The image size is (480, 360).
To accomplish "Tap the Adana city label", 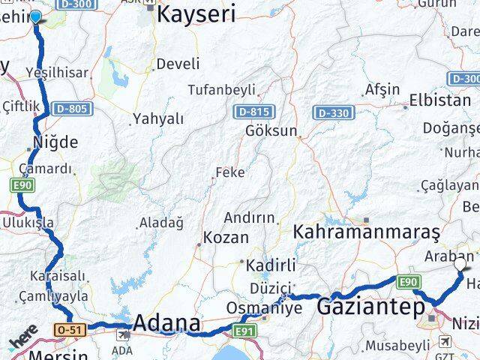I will click(x=166, y=324).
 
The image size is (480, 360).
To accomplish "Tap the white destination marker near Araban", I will click(x=460, y=264).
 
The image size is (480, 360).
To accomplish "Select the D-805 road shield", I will click(x=72, y=109).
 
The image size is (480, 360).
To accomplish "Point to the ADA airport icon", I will click(x=121, y=334).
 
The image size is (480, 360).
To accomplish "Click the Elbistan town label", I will click(x=440, y=100).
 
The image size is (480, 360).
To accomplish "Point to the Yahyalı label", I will click(x=157, y=118).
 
